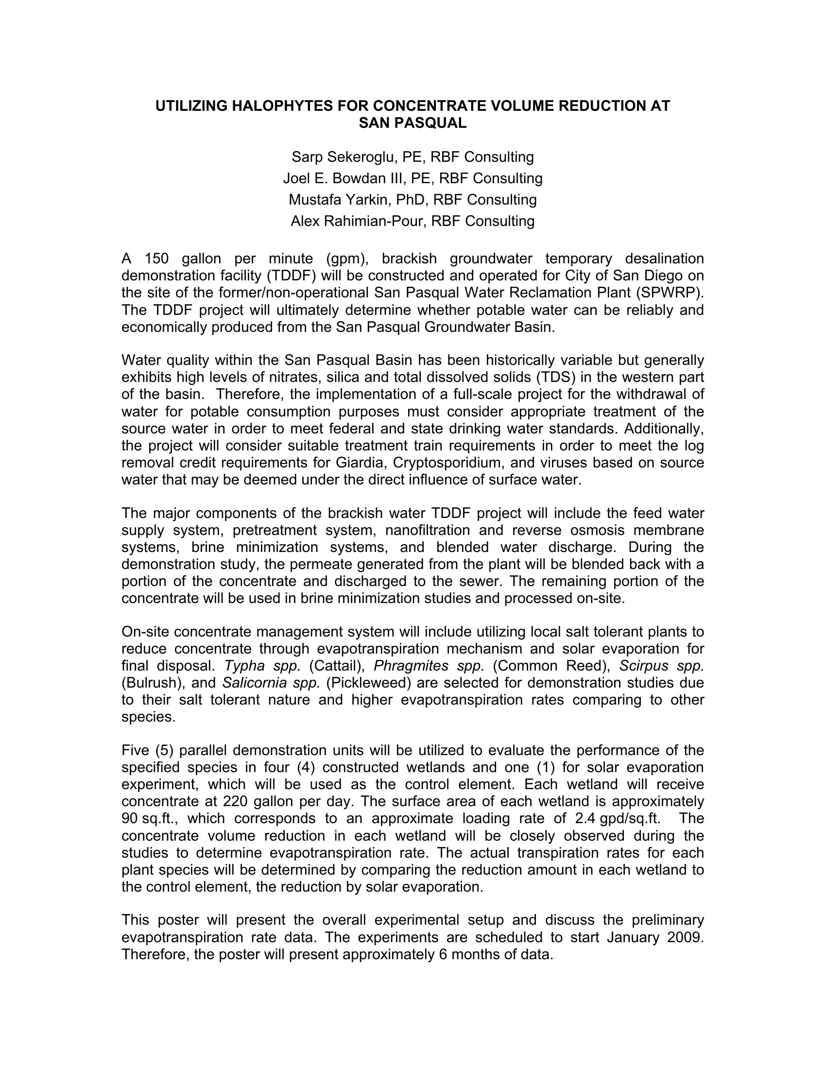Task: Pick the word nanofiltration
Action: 428,530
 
